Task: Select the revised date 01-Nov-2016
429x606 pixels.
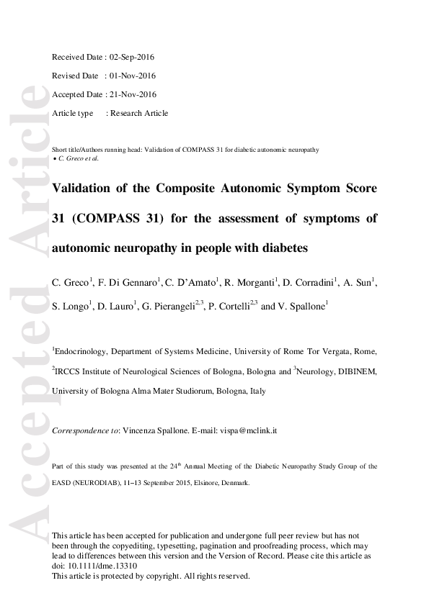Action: point(131,76)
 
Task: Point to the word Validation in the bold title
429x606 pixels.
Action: point(81,189)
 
